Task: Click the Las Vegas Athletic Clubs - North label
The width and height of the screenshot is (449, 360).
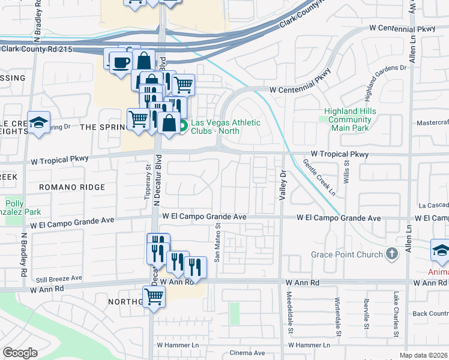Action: [226, 127]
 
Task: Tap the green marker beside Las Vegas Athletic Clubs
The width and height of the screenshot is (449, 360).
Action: [184, 125]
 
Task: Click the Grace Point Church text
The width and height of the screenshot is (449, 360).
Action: [346, 254]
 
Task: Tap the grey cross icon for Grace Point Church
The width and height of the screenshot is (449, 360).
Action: [392, 254]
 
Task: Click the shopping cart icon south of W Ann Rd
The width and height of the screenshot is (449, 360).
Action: [154, 296]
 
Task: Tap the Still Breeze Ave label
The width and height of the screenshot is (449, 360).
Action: [58, 278]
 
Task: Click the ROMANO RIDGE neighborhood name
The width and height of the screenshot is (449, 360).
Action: [72, 187]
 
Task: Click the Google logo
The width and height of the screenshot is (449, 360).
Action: [20, 353]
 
